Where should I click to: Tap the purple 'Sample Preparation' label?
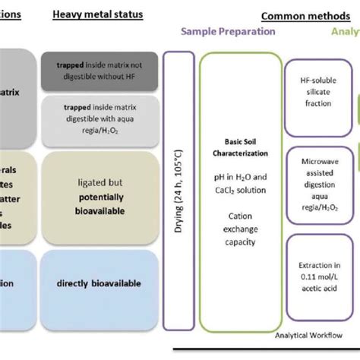[228, 32]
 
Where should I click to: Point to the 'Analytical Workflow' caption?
[309, 333]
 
